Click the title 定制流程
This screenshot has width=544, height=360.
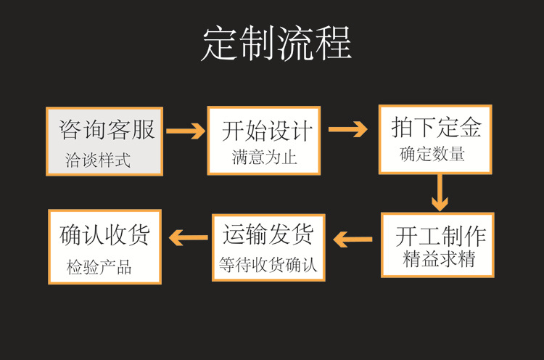[x=276, y=44]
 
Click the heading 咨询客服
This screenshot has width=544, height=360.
[x=107, y=130]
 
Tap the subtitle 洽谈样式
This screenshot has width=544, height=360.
[x=98, y=160]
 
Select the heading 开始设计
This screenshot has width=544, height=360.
[x=267, y=131]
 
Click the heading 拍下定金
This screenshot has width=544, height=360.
[x=437, y=128]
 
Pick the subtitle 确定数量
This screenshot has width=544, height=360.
[x=432, y=155]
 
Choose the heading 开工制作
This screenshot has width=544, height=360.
[x=440, y=237]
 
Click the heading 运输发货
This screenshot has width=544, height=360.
[x=268, y=234]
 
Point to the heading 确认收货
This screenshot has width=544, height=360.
[x=104, y=234]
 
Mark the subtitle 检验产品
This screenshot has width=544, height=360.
[x=99, y=267]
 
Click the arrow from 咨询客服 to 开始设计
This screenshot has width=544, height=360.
[x=186, y=131]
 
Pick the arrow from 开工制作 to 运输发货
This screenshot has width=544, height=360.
[x=353, y=238]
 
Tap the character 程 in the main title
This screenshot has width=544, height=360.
[x=334, y=44]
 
